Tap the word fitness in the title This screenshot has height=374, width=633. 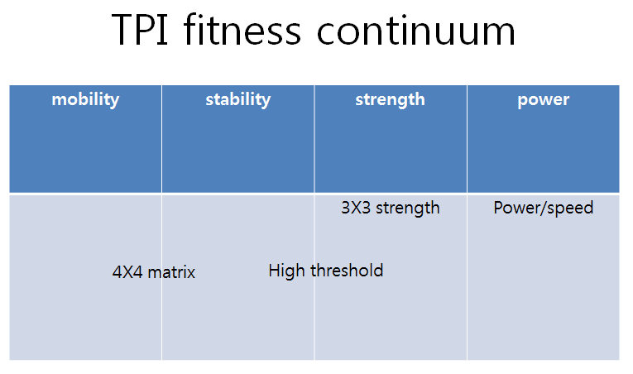[x=240, y=31]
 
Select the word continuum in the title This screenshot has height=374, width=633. [x=416, y=31]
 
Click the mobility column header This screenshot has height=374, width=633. [x=85, y=99]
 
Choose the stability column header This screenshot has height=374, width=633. [x=237, y=99]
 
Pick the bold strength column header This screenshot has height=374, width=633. [x=390, y=99]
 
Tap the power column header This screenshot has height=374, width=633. [x=543, y=99]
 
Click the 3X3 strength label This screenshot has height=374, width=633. [x=390, y=208]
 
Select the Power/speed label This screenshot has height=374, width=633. [x=543, y=208]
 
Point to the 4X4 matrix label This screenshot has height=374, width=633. [x=154, y=272]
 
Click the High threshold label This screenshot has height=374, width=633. [x=326, y=271]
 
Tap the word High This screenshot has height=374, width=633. [x=285, y=271]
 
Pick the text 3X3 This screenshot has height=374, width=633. [x=356, y=208]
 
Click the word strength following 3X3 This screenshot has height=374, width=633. [x=408, y=208]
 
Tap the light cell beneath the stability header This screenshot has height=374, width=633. [x=237, y=323]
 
